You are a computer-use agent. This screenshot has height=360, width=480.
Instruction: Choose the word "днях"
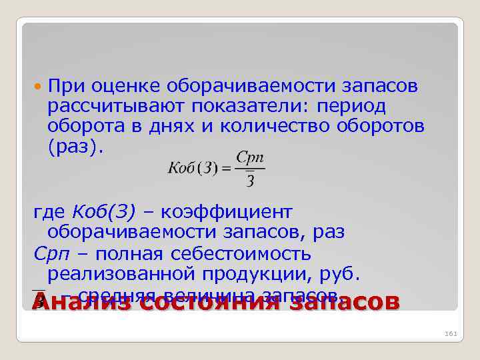click(x=197, y=127)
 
